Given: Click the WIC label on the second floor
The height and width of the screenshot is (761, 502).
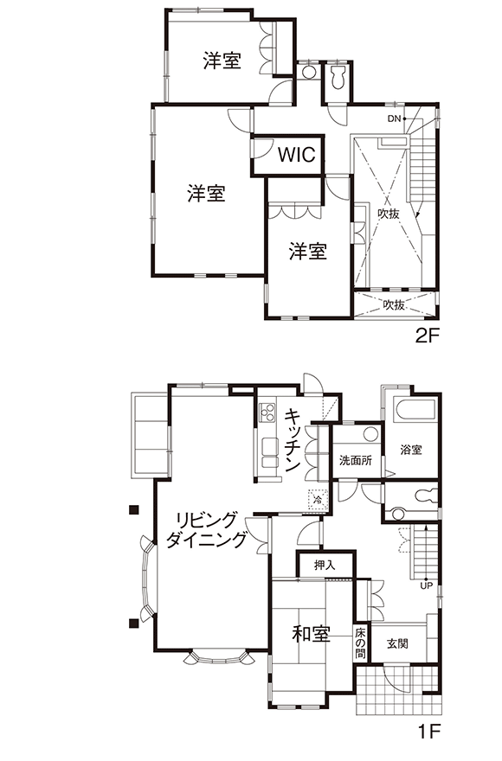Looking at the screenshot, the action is tap(297, 155).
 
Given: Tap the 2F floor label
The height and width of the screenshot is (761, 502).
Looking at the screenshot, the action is tap(428, 336).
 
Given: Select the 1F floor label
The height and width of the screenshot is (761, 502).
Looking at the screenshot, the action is tap(428, 731).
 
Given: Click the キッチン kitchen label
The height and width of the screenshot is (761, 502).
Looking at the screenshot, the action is tap(292, 440).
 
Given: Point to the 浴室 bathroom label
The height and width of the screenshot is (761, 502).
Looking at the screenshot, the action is tap(410, 450).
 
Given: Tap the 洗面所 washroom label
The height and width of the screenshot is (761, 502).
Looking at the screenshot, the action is tap(356, 459).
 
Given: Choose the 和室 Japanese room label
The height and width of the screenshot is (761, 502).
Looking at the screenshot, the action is tap(311, 634).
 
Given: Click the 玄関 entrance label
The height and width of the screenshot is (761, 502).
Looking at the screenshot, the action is tap(397, 643).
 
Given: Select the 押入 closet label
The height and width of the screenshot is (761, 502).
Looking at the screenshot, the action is tap(325, 565).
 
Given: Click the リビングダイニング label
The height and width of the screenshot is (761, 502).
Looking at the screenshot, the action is tap(206, 529).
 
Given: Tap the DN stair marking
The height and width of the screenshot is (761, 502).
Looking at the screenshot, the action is tap(394, 118).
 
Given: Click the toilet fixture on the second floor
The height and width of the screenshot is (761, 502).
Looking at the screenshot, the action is tap(337, 78).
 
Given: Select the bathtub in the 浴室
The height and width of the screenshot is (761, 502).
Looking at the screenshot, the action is tap(416, 411).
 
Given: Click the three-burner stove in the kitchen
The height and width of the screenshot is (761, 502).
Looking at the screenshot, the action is tap(267, 413).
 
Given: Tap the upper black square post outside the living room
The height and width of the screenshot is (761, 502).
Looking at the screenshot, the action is tap(133, 509).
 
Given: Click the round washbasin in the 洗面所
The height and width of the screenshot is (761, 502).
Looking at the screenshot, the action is tap(371, 434).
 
